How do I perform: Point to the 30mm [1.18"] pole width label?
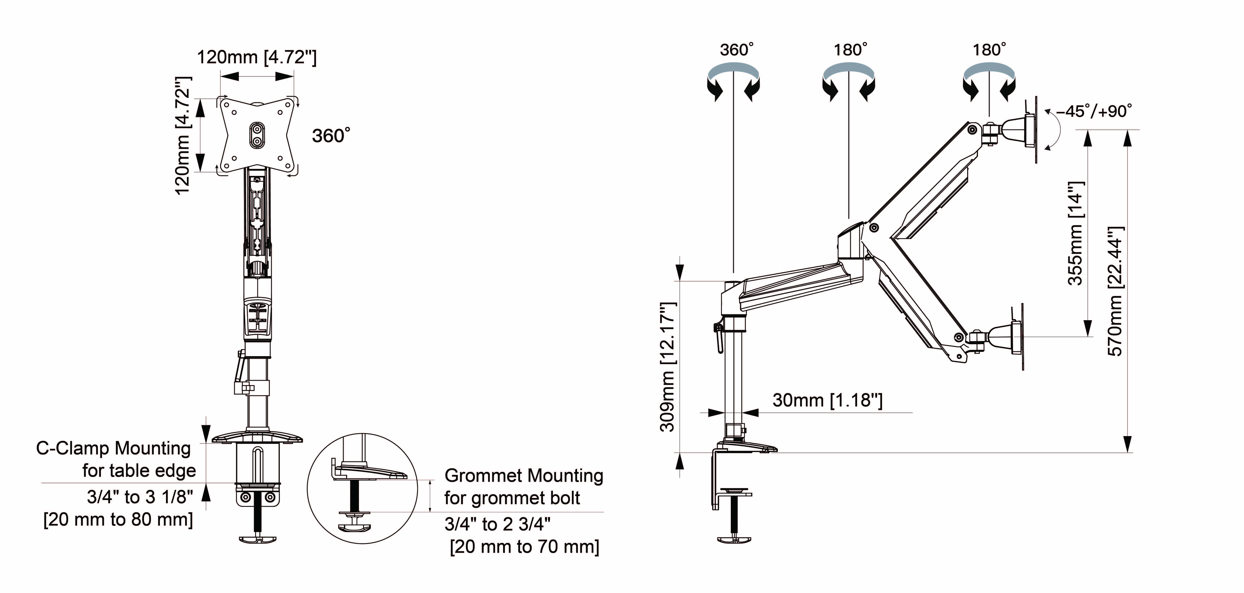[x=827, y=400]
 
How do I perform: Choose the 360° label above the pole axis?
[x=736, y=50]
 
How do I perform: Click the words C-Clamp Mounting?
[x=114, y=448]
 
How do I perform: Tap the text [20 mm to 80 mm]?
[x=118, y=520]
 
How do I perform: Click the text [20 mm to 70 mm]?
[x=524, y=547]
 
